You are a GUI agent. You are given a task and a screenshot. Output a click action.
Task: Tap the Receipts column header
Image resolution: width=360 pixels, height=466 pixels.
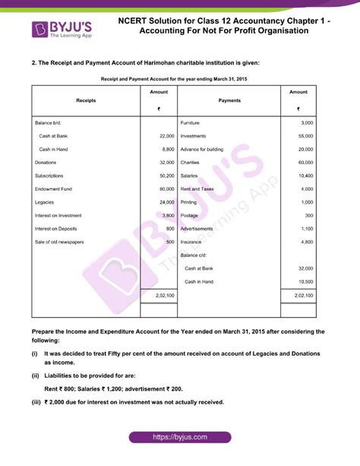(x=86, y=100)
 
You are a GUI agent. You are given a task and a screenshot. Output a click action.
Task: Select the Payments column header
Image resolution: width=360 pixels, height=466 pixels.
(x=229, y=100)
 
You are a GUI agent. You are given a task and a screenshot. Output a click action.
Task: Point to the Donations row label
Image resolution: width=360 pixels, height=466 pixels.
(x=47, y=163)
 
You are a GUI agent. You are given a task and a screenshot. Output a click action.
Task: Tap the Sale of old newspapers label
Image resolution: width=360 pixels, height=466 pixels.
(x=59, y=242)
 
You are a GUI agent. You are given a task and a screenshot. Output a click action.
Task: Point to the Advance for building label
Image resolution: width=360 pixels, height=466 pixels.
(x=201, y=149)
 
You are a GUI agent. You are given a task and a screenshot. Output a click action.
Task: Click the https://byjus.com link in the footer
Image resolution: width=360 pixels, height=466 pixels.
(x=179, y=438)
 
